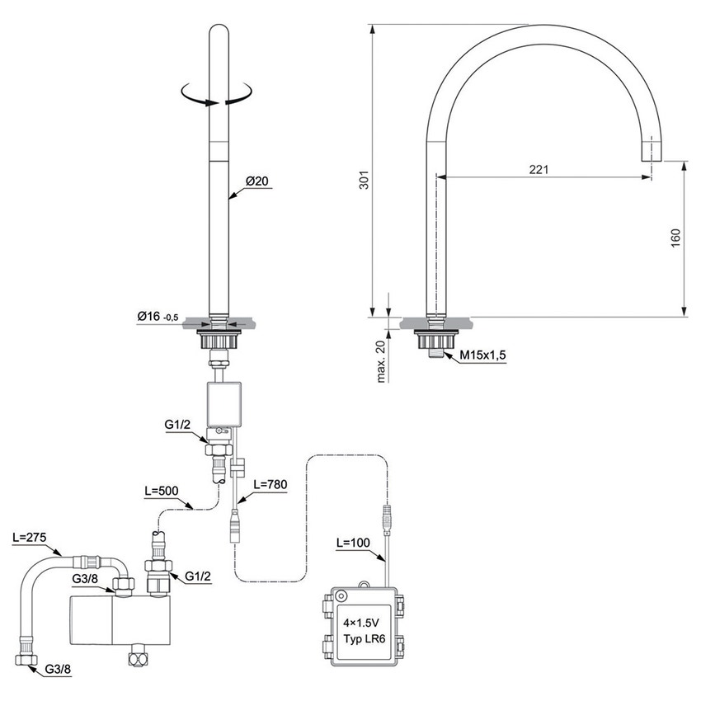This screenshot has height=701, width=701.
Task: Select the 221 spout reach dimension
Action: tap(539, 168)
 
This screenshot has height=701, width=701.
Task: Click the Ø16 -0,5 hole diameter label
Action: tap(157, 317)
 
